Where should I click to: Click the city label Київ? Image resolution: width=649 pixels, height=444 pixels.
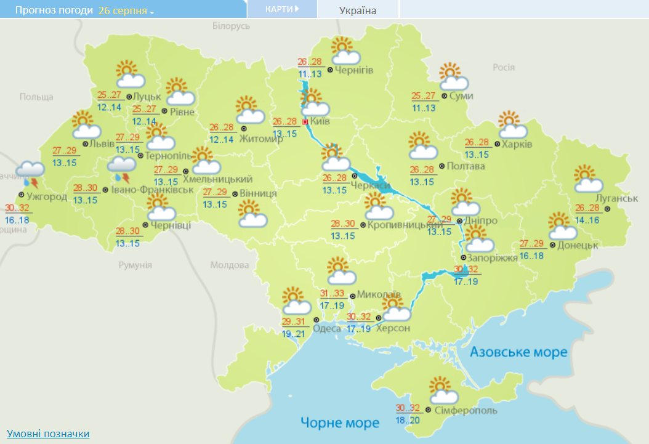320,122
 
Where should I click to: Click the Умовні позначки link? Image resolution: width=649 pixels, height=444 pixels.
48,434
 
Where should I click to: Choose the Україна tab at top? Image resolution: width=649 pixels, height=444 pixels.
358,10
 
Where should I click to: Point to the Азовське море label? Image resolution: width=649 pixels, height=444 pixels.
518,352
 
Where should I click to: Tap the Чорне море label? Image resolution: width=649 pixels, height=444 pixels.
340,423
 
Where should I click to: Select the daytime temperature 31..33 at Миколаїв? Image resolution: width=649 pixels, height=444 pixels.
333,294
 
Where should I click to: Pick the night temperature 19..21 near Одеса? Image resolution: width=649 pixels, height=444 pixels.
293,334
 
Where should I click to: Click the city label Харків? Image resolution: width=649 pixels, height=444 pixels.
517,145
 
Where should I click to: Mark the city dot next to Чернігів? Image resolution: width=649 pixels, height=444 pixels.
330,70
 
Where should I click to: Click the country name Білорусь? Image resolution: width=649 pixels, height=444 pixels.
231,26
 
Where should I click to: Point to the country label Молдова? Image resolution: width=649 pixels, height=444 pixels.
230,265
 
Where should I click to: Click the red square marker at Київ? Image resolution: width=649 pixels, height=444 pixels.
305,122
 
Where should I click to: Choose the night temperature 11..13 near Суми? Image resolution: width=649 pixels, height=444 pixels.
424,108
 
